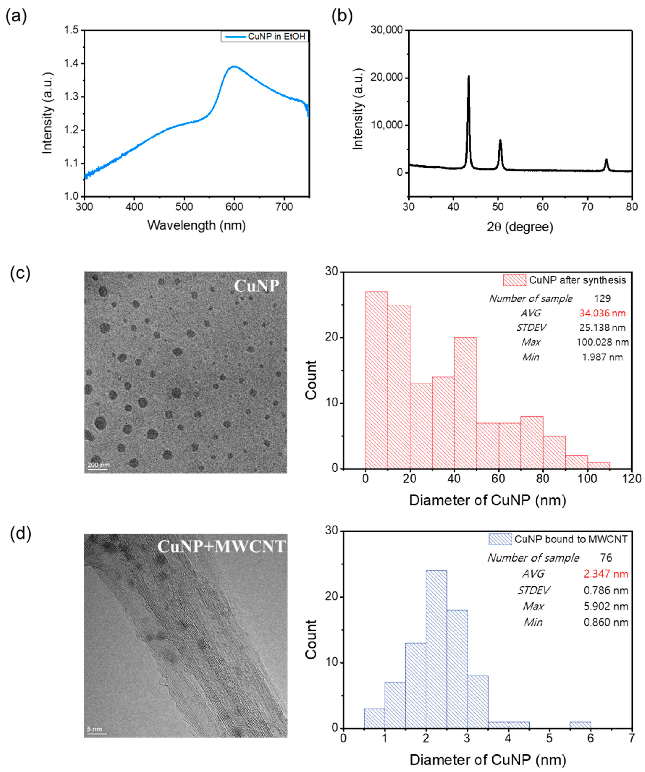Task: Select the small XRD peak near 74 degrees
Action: tap(606, 160)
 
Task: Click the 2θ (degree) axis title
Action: tap(520, 227)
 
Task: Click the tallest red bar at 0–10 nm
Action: tap(376, 380)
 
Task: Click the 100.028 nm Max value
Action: tap(602, 342)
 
